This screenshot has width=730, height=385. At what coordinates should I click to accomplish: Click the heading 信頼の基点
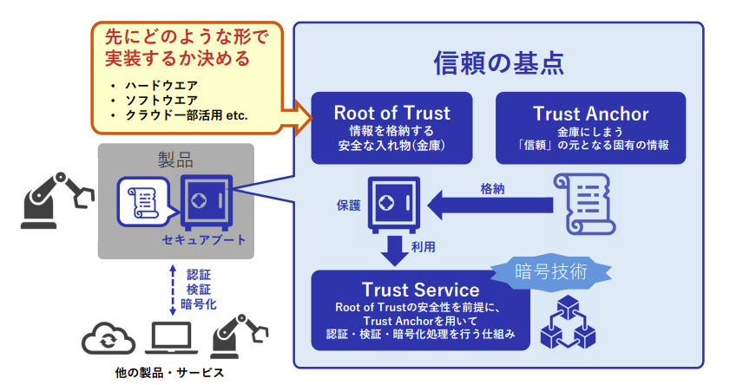coord(499,62)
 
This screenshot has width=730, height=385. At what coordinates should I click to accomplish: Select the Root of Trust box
coord(391,127)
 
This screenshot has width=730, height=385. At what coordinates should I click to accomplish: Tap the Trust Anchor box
coord(589,127)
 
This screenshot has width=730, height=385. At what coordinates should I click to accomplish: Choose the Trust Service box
coord(419,310)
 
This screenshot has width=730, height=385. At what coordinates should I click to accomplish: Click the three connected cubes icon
coord(563,323)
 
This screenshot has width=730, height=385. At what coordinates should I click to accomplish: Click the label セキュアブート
coord(204,239)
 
